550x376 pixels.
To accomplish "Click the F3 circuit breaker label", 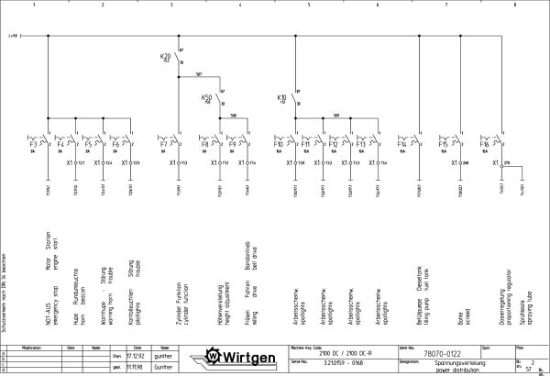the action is pyautogui.click(x=32, y=145).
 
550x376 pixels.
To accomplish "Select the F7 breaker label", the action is pyautogui.click(x=164, y=145).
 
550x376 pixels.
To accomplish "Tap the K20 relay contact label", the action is pyautogui.click(x=166, y=57).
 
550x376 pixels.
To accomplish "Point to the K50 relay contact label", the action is pyautogui.click(x=207, y=96).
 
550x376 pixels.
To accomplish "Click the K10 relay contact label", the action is pyautogui.click(x=282, y=96).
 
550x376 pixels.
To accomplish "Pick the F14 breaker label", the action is pyautogui.click(x=401, y=145).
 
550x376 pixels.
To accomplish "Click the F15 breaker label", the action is pyautogui.click(x=443, y=145).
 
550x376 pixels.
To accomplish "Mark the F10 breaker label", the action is pyautogui.click(x=278, y=145).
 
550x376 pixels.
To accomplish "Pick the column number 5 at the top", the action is pyautogui.click(x=309, y=5).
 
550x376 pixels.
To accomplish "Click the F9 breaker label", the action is pyautogui.click(x=234, y=145).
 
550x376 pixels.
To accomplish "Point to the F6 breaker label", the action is pyautogui.click(x=116, y=145).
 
